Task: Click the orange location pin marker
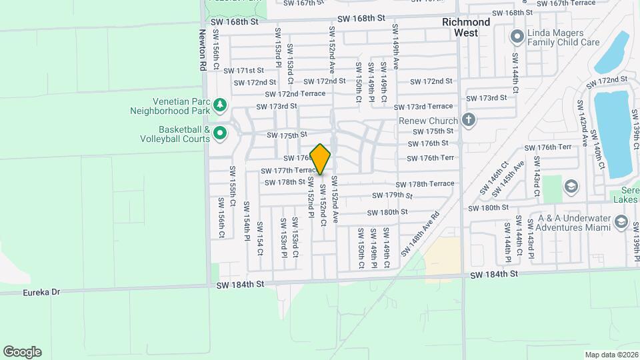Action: click(321, 159)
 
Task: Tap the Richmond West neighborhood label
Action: click(466, 27)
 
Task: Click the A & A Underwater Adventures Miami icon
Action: click(621, 221)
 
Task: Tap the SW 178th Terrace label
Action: click(425, 184)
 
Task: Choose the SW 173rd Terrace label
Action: click(423, 107)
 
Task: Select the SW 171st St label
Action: click(240, 70)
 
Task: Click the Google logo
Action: click(22, 352)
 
